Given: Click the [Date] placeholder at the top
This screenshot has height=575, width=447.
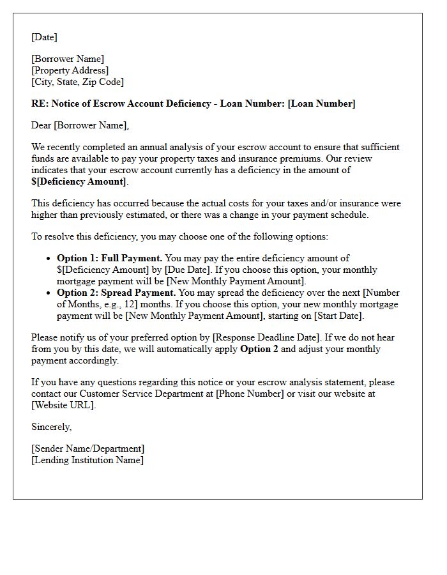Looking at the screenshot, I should coord(44,37).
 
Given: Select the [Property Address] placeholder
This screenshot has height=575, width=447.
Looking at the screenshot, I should coord(70,70).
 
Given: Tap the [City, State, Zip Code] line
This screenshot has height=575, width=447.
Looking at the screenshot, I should coord(77,82).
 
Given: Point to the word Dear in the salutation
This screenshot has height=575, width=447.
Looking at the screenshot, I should coord(42,125).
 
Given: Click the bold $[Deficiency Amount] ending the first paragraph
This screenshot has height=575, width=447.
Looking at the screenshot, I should coord(79,181).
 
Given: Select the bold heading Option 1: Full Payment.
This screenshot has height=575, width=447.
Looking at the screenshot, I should coord(109,258).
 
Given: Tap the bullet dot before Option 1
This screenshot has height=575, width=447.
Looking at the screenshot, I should coord(49,259).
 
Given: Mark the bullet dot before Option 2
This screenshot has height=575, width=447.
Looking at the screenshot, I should coord(49,293).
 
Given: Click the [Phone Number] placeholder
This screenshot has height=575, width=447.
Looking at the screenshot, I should coord(250,394).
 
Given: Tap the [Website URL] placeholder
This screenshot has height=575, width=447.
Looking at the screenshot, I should coord(63,405).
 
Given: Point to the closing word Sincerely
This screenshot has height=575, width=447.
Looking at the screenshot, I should coord(51,427).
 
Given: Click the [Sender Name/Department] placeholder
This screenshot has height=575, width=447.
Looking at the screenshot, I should coord(87,448).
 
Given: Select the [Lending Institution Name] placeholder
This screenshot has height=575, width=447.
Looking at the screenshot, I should coord(87,460).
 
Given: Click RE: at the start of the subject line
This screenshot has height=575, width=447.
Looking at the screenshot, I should coord(39,103).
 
